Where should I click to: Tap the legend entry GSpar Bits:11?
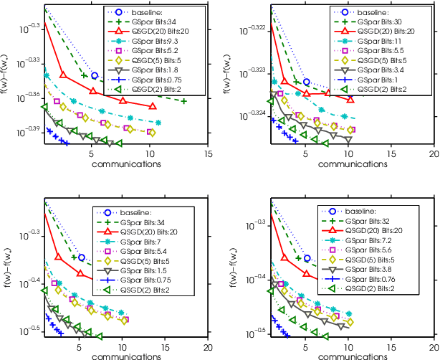pos(383,42)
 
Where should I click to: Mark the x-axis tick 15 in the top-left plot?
pos(209,153)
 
